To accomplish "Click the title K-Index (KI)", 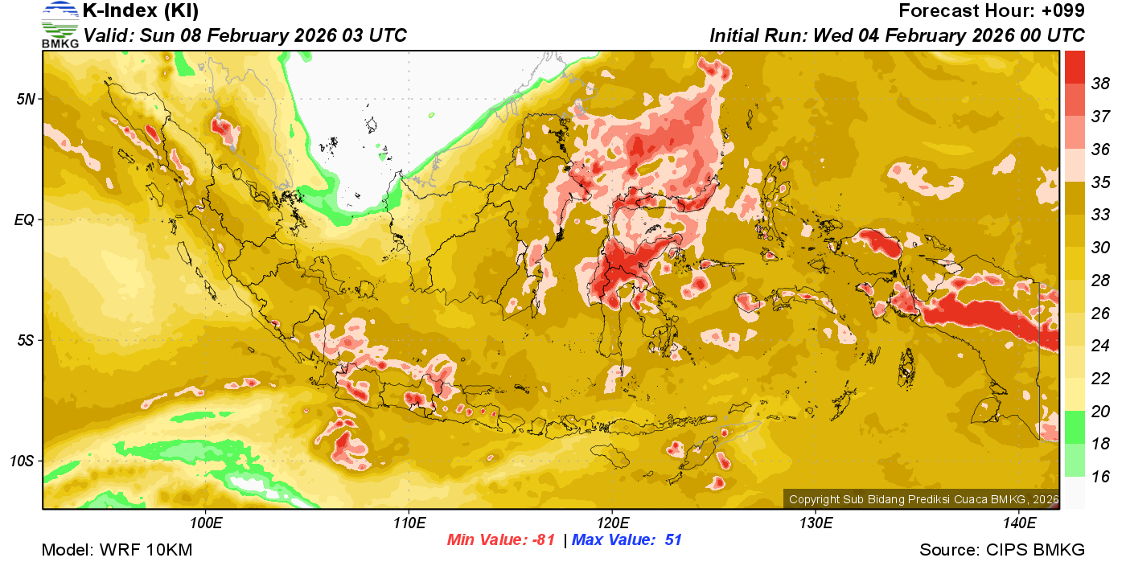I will pyautogui.click(x=141, y=11).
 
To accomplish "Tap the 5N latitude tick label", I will pyautogui.click(x=24, y=99).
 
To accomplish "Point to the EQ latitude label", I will pyautogui.click(x=24, y=219).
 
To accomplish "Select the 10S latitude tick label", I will pyautogui.click(x=22, y=461).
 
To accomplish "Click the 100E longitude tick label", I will pyautogui.click(x=207, y=523).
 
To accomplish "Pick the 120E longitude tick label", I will pyautogui.click(x=612, y=523).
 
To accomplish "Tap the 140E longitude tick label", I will pyautogui.click(x=1019, y=523).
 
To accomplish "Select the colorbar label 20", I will pyautogui.click(x=1101, y=411).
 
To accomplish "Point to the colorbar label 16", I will pyautogui.click(x=1101, y=477).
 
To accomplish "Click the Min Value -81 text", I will pyautogui.click(x=501, y=540).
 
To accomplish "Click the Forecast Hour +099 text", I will pyautogui.click(x=992, y=11).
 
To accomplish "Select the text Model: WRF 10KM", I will pyautogui.click(x=117, y=551).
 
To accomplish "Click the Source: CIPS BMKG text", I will pyautogui.click(x=1002, y=551).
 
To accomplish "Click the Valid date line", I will pyautogui.click(x=245, y=35).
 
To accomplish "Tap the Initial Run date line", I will pyautogui.click(x=897, y=35).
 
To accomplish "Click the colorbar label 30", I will pyautogui.click(x=1101, y=247).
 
